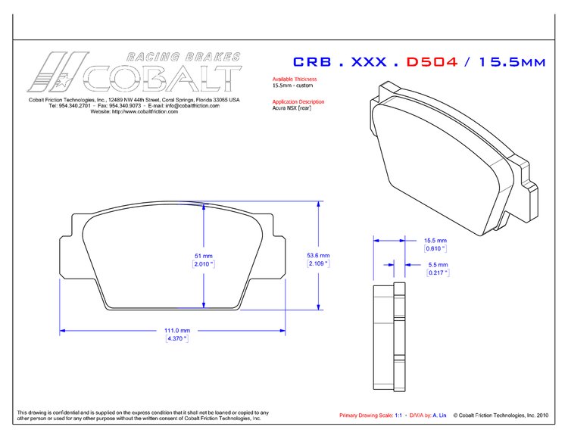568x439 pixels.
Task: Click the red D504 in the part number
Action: (432, 62)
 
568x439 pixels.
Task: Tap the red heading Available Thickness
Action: (295, 79)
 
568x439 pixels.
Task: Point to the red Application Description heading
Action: (298, 101)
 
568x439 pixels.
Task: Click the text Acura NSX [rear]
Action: (292, 108)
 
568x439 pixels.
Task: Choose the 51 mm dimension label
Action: (203, 255)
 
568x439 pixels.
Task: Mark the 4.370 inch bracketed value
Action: (176, 338)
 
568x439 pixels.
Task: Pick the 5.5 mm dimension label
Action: (438, 264)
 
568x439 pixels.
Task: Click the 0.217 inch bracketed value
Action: (438, 272)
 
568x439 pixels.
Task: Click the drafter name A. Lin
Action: (439, 416)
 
